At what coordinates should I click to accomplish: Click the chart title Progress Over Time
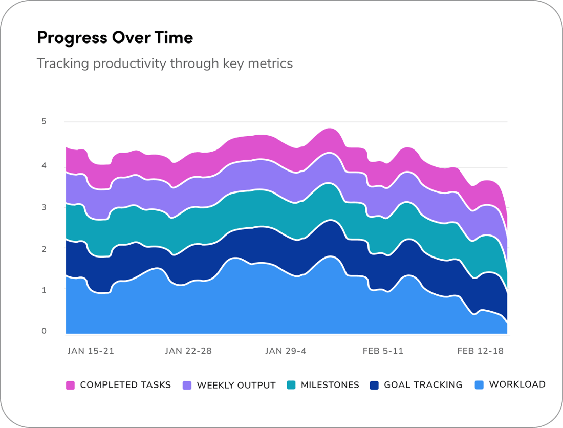[115, 38]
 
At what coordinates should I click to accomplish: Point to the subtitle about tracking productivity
[165, 63]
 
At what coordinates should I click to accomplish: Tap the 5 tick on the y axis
[44, 121]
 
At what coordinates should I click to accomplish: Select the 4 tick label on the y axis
[44, 165]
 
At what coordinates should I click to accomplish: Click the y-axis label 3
[44, 207]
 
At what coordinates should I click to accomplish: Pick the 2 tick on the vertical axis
[44, 249]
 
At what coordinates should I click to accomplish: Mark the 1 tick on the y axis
[44, 290]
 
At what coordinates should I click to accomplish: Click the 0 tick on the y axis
[44, 331]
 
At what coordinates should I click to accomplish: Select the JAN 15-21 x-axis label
[91, 351]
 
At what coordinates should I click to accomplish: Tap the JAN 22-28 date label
[188, 351]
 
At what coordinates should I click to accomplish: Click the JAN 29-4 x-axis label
[286, 351]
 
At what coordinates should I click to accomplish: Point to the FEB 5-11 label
[383, 351]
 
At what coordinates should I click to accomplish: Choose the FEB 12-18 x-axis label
[480, 351]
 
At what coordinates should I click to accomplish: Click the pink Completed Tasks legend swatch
[71, 386]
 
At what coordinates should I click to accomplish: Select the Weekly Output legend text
[236, 386]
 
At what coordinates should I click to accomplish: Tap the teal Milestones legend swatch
[291, 386]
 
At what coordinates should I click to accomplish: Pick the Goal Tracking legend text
[423, 385]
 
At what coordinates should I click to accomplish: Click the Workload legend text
[517, 384]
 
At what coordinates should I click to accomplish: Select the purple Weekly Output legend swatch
[187, 386]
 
